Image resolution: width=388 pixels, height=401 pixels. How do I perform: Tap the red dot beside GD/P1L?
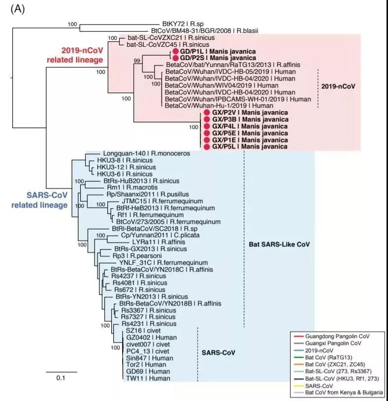point(175,51)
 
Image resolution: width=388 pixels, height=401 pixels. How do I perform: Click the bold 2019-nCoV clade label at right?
point(338,85)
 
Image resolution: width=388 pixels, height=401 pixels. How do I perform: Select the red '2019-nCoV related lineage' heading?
point(82,55)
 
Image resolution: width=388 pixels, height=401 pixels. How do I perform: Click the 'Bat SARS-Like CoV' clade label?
point(282,244)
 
